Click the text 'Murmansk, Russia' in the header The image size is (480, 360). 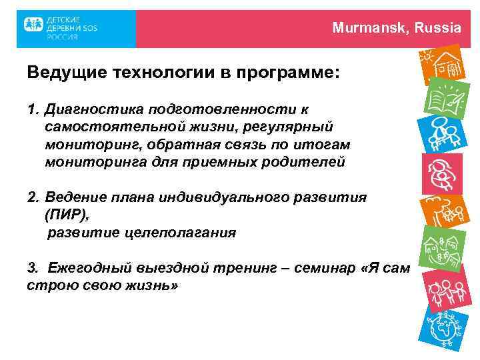397,28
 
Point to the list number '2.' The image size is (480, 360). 34,198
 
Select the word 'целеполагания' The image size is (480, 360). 189,233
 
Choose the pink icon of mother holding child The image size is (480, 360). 443,172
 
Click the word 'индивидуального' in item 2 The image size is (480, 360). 211,198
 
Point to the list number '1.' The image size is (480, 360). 34,108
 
